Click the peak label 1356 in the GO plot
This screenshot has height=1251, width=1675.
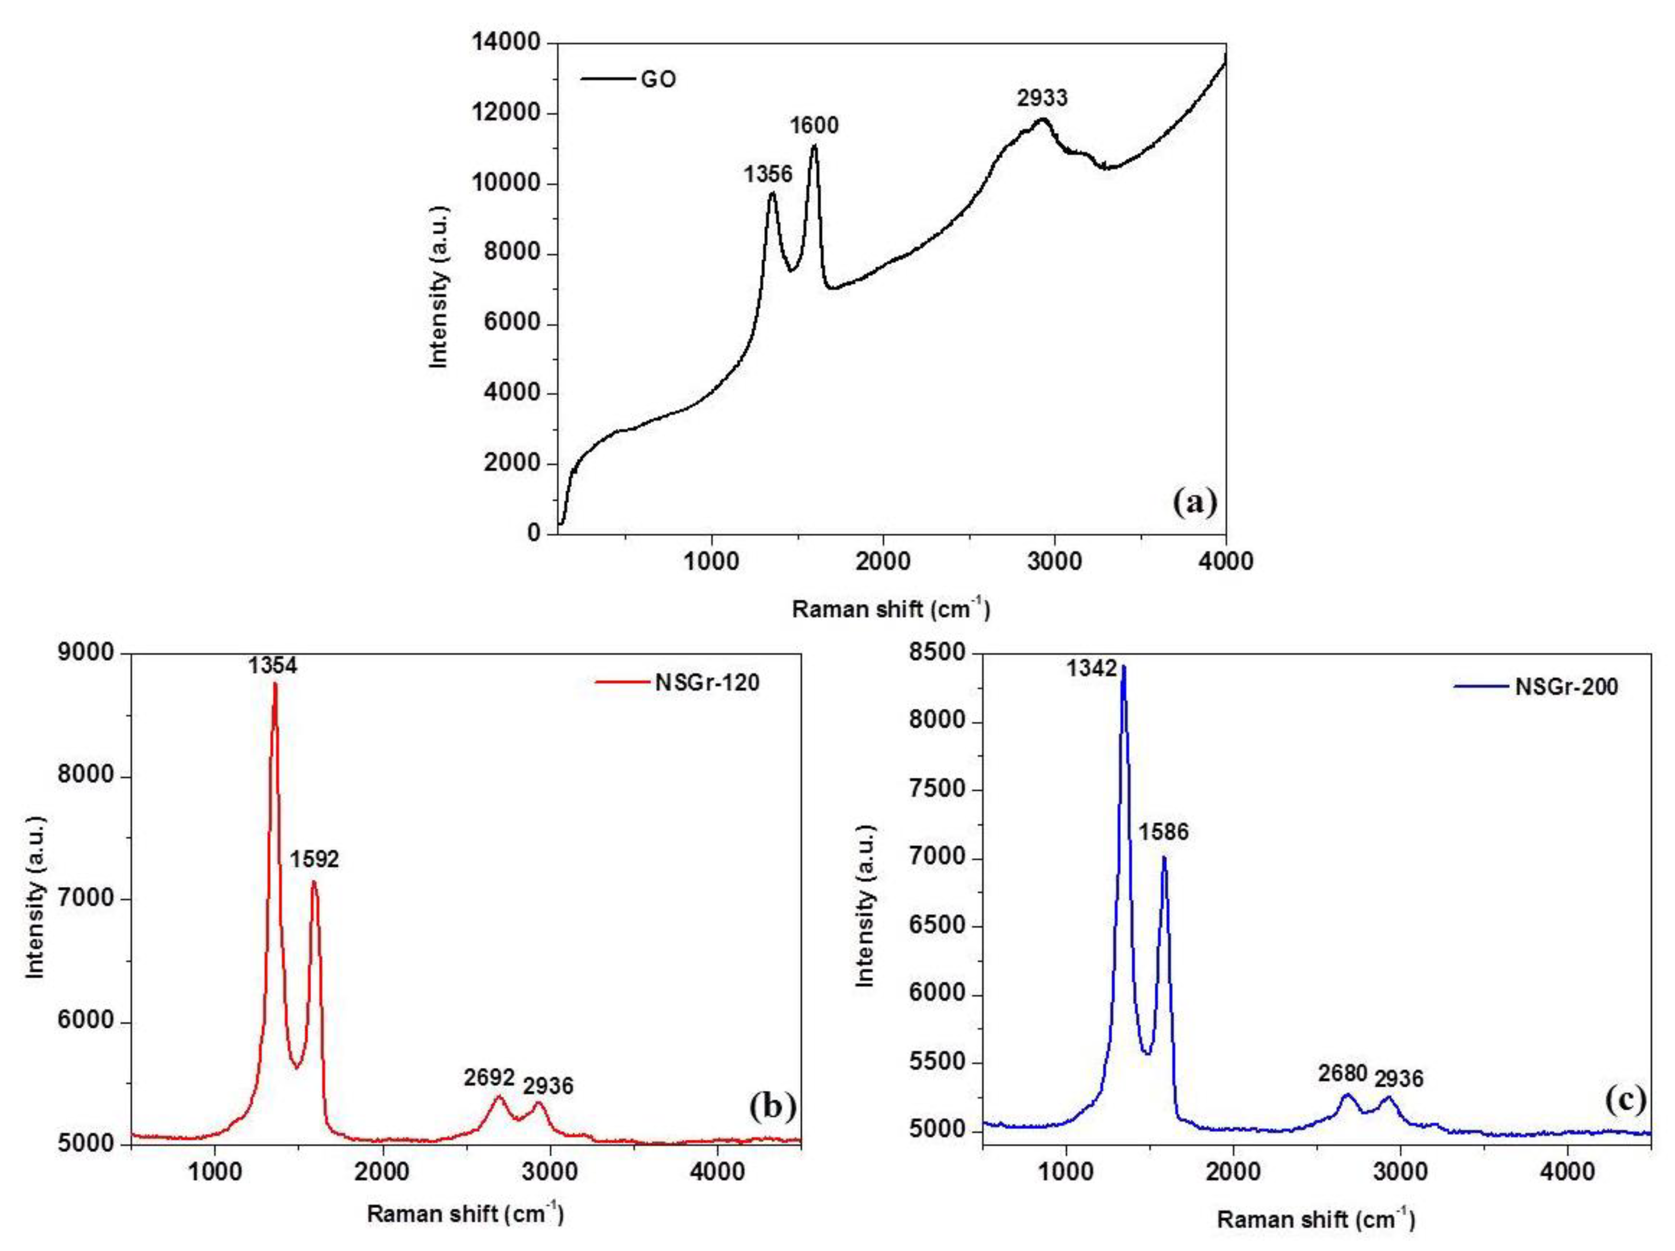pos(767,174)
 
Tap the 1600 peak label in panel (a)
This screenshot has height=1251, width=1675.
pos(814,125)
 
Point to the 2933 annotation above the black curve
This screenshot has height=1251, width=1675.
pos(1042,98)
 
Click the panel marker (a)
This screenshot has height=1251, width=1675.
pos(1194,501)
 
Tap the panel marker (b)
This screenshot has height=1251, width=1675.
pos(772,1106)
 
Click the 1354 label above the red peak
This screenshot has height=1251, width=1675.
pos(273,666)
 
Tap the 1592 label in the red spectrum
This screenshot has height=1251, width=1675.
pos(313,859)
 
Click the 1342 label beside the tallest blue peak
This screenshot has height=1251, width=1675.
pos(1092,668)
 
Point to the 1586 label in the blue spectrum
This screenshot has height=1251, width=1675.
pos(1163,832)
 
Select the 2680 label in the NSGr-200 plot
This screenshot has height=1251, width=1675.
pos(1343,1074)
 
